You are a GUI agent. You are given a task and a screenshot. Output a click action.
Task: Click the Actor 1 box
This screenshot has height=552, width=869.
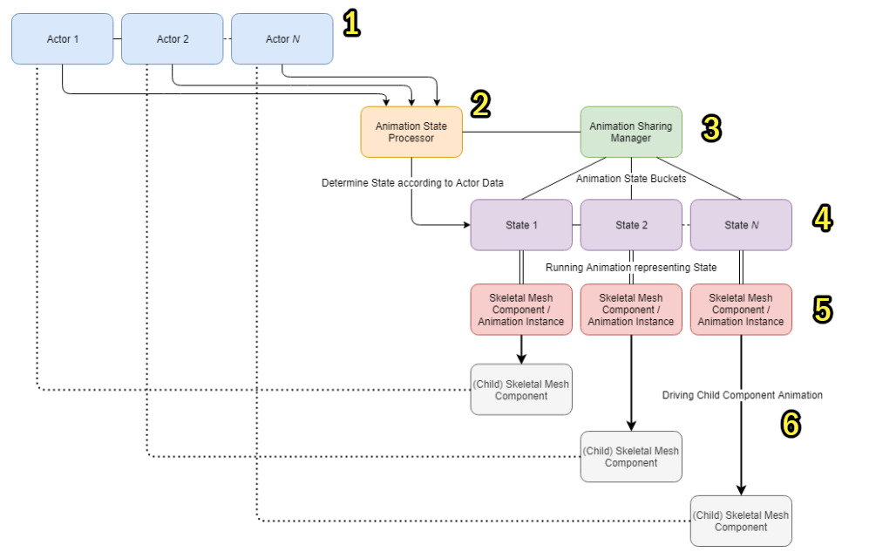tap(62, 39)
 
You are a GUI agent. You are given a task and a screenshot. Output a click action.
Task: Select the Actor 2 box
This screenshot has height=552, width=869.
tap(172, 39)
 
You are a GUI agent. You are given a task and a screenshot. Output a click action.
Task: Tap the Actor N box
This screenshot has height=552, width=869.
tap(282, 39)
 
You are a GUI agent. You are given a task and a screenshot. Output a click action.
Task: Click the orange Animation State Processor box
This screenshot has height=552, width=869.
tap(411, 132)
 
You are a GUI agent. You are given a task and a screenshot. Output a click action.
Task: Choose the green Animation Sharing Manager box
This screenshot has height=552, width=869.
tap(631, 132)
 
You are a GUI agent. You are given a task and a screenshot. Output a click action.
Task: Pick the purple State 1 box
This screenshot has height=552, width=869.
tap(521, 225)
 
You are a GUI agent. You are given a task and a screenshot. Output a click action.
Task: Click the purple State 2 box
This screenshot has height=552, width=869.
tap(631, 225)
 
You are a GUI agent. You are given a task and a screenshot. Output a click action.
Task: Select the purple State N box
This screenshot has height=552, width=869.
tap(741, 225)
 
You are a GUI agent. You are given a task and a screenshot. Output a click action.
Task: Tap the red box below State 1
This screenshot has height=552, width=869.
tap(521, 310)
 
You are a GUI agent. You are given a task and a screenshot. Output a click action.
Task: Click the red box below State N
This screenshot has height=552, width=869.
tap(741, 310)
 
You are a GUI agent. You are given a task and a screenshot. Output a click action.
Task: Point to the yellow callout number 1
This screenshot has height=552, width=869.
tap(350, 24)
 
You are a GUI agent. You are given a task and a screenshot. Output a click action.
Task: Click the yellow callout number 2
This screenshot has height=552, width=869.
tap(480, 105)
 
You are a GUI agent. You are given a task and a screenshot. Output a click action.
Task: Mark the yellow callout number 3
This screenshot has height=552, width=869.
tap(711, 128)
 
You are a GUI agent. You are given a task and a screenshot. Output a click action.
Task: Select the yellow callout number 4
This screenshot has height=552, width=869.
tap(821, 218)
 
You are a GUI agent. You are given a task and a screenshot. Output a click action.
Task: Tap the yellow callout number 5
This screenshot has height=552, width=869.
tap(822, 309)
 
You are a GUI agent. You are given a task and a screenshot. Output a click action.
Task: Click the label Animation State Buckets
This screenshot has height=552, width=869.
tap(630, 179)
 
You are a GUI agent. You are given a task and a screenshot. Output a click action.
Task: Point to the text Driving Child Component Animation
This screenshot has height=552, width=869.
tap(742, 395)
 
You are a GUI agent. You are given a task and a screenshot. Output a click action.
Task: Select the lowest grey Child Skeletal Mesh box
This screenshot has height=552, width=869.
tap(741, 521)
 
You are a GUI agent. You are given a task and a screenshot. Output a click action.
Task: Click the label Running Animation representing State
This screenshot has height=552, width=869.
tap(631, 267)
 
